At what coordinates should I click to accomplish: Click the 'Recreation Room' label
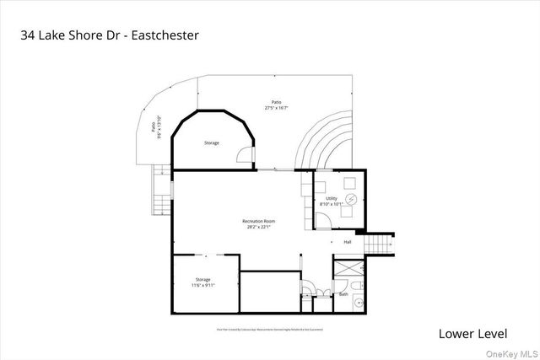(x=260, y=223)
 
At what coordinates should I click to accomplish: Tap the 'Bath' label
(x=343, y=294)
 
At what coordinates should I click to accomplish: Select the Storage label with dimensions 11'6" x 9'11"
(x=202, y=282)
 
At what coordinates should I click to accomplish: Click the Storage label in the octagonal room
(x=212, y=142)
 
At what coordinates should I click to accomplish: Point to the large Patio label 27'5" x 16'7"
(x=277, y=105)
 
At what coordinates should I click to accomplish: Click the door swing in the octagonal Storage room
(x=245, y=155)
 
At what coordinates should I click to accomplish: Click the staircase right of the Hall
(x=379, y=244)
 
